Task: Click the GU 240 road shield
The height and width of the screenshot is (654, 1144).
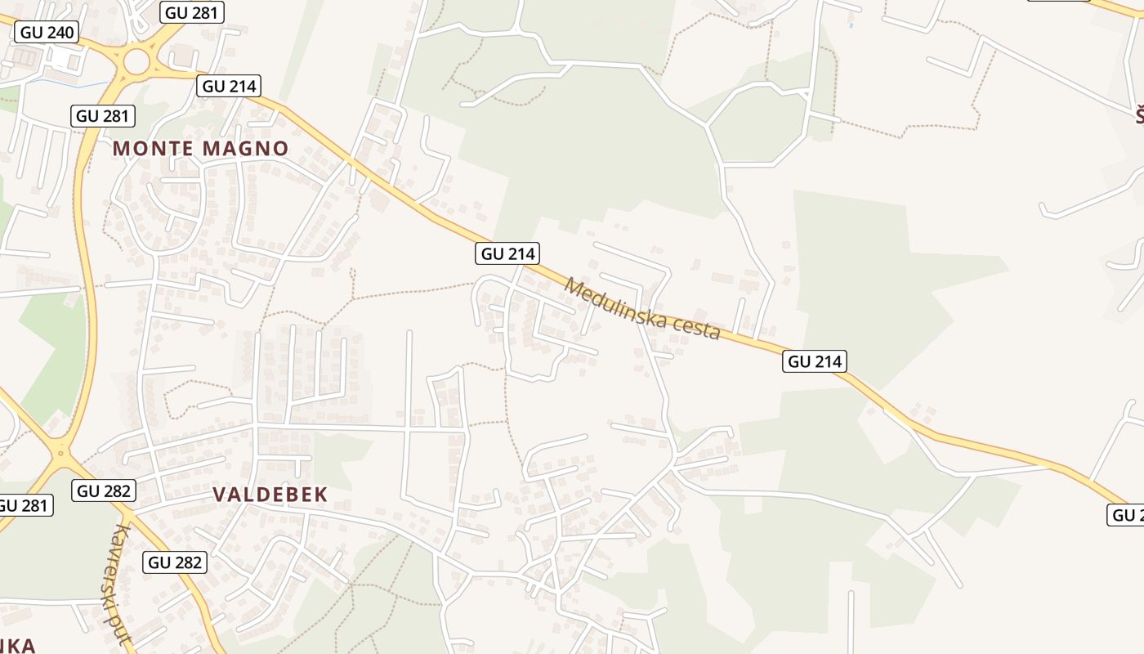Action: pyautogui.click(x=47, y=33)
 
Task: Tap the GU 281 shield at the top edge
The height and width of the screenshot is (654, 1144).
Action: pyautogui.click(x=194, y=11)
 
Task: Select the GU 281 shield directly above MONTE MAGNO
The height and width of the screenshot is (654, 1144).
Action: pyautogui.click(x=104, y=115)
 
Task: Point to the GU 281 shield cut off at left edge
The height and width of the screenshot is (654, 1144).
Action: pyautogui.click(x=25, y=505)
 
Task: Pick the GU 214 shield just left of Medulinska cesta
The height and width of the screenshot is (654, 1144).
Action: pyautogui.click(x=508, y=253)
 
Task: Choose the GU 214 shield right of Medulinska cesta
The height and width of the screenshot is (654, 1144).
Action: pyautogui.click(x=815, y=361)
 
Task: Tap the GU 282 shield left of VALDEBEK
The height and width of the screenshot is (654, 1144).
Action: pyautogui.click(x=104, y=490)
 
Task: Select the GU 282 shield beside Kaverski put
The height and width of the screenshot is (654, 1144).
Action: pyautogui.click(x=176, y=562)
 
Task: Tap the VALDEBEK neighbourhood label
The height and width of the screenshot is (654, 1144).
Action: pyautogui.click(x=270, y=494)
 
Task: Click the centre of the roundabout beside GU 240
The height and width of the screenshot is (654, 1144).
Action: pyautogui.click(x=136, y=60)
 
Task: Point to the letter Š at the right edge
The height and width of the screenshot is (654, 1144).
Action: pyautogui.click(x=1139, y=116)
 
